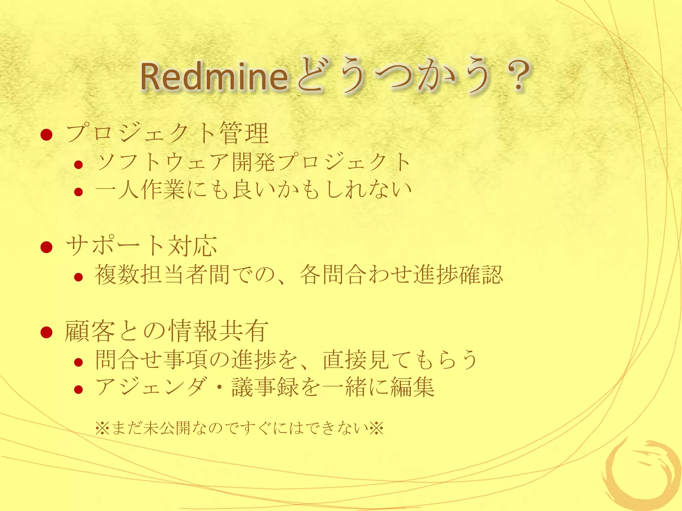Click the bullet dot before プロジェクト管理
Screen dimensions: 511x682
click(47, 135)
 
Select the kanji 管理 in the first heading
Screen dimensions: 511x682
click(244, 133)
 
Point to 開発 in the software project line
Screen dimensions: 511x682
click(254, 162)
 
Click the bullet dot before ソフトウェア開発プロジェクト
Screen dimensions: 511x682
click(79, 164)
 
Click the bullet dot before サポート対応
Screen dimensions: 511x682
click(47, 247)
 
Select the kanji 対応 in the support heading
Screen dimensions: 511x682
click(192, 246)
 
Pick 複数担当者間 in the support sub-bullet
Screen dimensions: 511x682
click(162, 275)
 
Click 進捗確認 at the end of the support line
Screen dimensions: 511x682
click(458, 275)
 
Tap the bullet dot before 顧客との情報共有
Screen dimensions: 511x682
click(47, 332)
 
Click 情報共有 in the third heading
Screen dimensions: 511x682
click(218, 331)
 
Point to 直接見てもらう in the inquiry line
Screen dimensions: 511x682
click(400, 360)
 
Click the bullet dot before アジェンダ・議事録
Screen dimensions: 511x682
click(79, 389)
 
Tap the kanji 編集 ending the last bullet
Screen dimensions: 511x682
click(412, 387)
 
